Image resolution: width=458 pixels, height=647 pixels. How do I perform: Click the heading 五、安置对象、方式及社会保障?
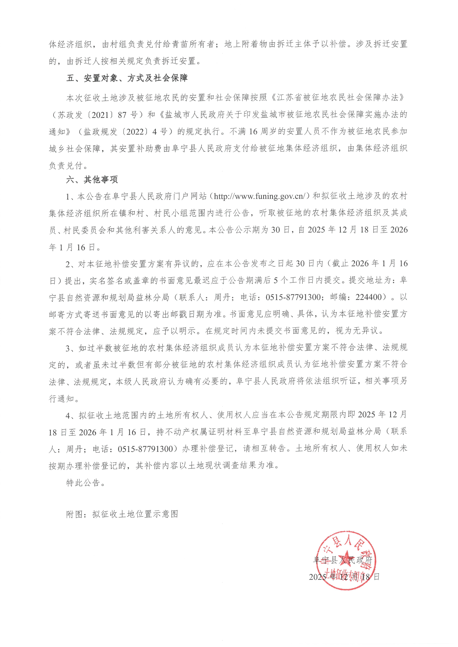(127, 78)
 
